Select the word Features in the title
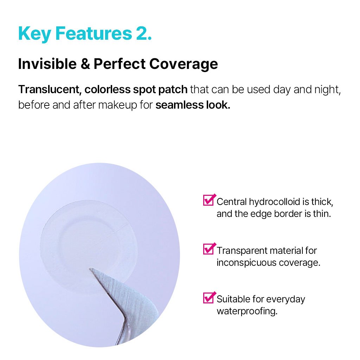pos(94,33)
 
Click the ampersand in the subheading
pos(85,64)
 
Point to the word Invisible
pos(47,64)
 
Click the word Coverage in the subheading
pos(184,64)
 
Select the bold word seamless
pos(179,105)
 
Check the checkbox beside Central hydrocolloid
pos(209,200)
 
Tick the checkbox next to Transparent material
pos(209,249)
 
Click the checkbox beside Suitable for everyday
pos(209,297)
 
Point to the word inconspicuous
pos(246,263)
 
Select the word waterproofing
pos(247,311)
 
